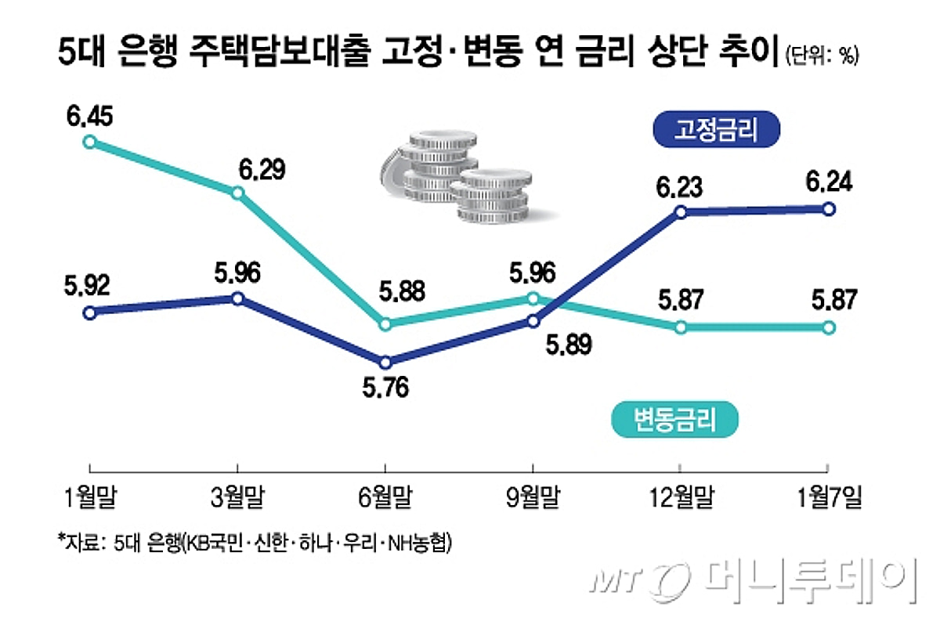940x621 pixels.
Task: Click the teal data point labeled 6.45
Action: click(x=90, y=142)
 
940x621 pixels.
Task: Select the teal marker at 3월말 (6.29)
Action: click(x=237, y=193)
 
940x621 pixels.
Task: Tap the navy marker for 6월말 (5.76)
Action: click(x=385, y=363)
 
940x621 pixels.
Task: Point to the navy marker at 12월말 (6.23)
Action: click(x=680, y=212)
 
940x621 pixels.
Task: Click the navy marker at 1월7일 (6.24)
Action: click(x=829, y=208)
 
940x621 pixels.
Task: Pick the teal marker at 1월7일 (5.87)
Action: click(x=829, y=327)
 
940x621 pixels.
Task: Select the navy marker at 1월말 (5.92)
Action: click(x=90, y=312)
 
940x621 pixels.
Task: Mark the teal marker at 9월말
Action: click(x=533, y=298)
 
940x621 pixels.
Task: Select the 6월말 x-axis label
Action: click(x=385, y=497)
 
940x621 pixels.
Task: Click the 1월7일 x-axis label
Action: click(x=829, y=497)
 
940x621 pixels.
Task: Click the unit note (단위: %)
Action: click(x=822, y=56)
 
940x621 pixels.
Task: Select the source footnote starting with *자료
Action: click(x=255, y=542)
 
